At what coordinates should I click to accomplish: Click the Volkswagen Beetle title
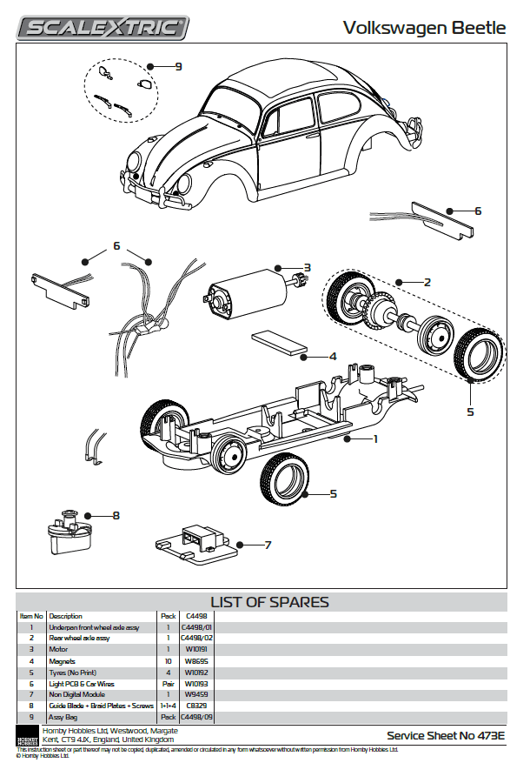click(424, 28)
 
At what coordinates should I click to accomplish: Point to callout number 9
click(177, 66)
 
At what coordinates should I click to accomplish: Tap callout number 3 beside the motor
click(307, 267)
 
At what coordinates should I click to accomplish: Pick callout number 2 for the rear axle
click(427, 282)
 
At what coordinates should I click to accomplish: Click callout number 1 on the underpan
click(375, 439)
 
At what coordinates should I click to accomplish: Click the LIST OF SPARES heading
click(269, 602)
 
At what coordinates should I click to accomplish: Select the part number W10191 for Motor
click(195, 649)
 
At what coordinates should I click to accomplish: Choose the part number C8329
click(195, 706)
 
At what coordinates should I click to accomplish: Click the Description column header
click(66, 616)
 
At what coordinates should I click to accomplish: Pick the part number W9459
click(195, 694)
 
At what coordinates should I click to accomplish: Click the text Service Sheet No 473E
click(446, 735)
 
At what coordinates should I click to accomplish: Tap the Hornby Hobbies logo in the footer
click(28, 735)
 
